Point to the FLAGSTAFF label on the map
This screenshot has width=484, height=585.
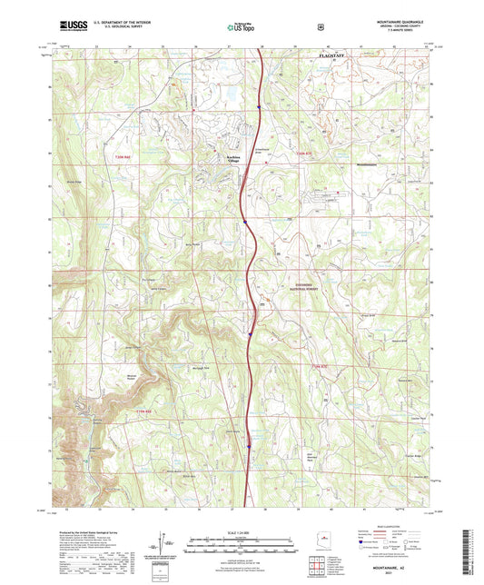(340, 56)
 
